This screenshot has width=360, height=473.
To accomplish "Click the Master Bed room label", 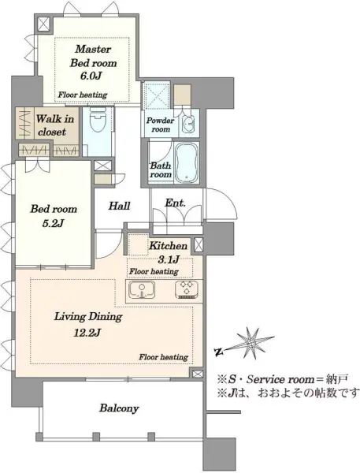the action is pyautogui.click(x=93, y=56).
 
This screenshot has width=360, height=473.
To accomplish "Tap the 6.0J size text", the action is pyautogui.click(x=90, y=76).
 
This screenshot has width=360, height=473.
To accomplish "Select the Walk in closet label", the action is pyautogui.click(x=54, y=125).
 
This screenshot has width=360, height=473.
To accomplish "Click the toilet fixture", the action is pyautogui.click(x=98, y=119).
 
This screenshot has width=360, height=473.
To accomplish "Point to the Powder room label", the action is pyautogui.click(x=161, y=125).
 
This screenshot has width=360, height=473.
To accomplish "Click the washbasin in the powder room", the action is pyautogui.click(x=189, y=124).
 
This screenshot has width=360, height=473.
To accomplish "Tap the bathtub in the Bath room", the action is pyautogui.click(x=187, y=163).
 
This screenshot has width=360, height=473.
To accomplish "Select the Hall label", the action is pyautogui.click(x=120, y=206).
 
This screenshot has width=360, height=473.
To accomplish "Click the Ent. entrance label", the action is pyautogui.click(x=175, y=203).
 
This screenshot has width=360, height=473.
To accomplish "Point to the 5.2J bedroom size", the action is pyautogui.click(x=53, y=224).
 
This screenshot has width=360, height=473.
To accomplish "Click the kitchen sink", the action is pyautogui.click(x=142, y=289).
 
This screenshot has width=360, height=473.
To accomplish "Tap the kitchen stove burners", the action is pyautogui.click(x=187, y=289).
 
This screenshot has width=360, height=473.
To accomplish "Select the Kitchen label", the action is pyautogui.click(x=169, y=245).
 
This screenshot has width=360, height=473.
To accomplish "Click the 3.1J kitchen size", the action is pyautogui.click(x=169, y=259).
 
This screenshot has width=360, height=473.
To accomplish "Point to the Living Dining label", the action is pyautogui.click(x=88, y=317).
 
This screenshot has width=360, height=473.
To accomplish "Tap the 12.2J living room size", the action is pyautogui.click(x=87, y=333).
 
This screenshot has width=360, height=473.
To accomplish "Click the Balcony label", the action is pyautogui.click(x=119, y=408).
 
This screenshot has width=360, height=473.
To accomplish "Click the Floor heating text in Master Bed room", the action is pyautogui.click(x=83, y=95).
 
